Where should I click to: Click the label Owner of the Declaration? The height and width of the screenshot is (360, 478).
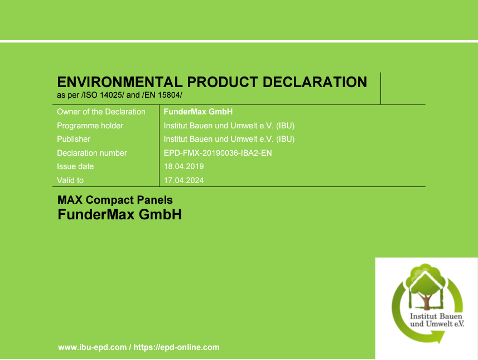(x=101, y=112)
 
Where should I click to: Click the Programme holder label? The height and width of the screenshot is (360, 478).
(x=90, y=126)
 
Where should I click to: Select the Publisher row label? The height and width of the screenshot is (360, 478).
(x=74, y=139)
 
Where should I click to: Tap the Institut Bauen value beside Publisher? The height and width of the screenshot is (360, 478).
(x=229, y=139)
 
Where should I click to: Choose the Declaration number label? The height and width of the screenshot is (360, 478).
(x=92, y=153)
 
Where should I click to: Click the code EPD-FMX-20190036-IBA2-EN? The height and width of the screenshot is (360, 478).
(x=218, y=153)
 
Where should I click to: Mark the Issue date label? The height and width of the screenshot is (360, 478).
(x=75, y=166)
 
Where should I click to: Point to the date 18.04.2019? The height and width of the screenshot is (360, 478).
(x=184, y=166)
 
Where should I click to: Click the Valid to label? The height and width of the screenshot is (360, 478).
(x=70, y=180)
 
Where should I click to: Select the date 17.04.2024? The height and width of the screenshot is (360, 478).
(x=184, y=180)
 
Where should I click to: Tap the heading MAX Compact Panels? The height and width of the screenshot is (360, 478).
(x=115, y=200)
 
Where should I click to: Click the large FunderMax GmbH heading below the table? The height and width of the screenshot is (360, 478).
(x=119, y=214)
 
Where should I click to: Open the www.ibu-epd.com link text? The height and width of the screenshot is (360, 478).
(x=93, y=347)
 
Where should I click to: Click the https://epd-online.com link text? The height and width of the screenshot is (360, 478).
(x=176, y=347)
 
